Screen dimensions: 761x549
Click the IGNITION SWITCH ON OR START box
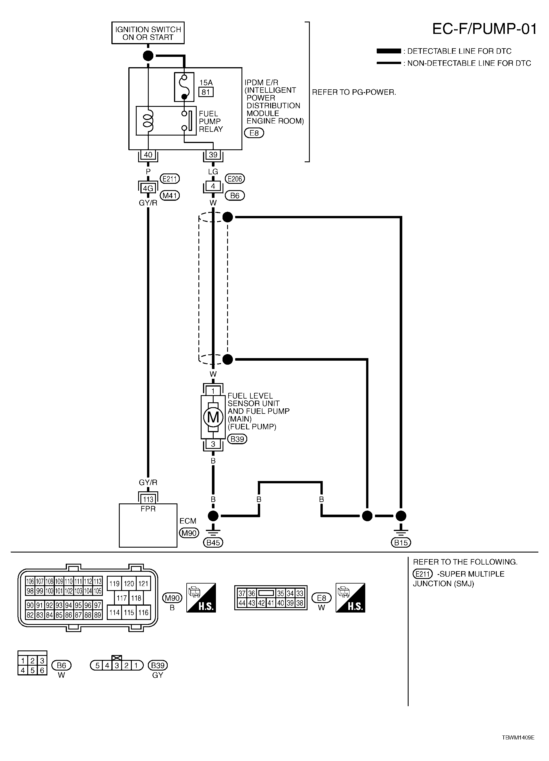point(148,33)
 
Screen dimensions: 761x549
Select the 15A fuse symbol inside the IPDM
point(184,87)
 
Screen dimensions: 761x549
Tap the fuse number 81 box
point(206,92)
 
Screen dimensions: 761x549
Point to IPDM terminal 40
point(148,155)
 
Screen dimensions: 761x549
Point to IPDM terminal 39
point(213,155)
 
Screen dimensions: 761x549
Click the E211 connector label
point(169,179)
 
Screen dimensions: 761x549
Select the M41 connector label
point(169,195)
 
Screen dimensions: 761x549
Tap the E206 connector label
point(235,179)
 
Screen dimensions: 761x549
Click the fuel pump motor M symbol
point(213,417)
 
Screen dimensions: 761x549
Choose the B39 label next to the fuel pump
point(237,439)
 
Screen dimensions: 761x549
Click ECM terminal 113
point(148,499)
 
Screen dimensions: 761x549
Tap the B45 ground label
point(213,542)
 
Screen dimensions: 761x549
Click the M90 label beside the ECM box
point(189,532)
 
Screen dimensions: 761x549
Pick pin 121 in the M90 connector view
point(143,584)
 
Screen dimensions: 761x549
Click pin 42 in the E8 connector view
point(261,603)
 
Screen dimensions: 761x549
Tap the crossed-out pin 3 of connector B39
point(117,665)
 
